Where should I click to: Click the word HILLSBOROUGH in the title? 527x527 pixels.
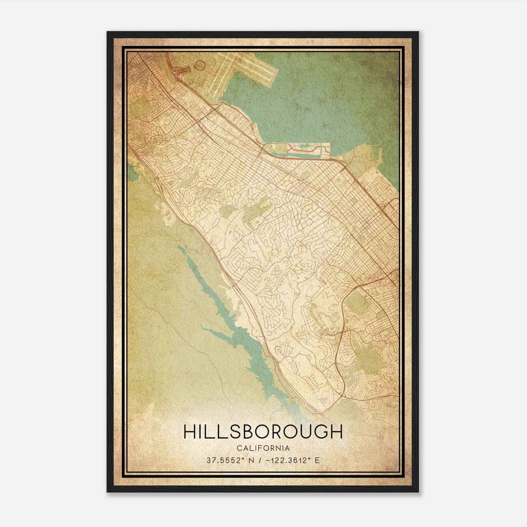point(263,431)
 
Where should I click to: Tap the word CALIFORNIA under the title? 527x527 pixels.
point(263,448)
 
